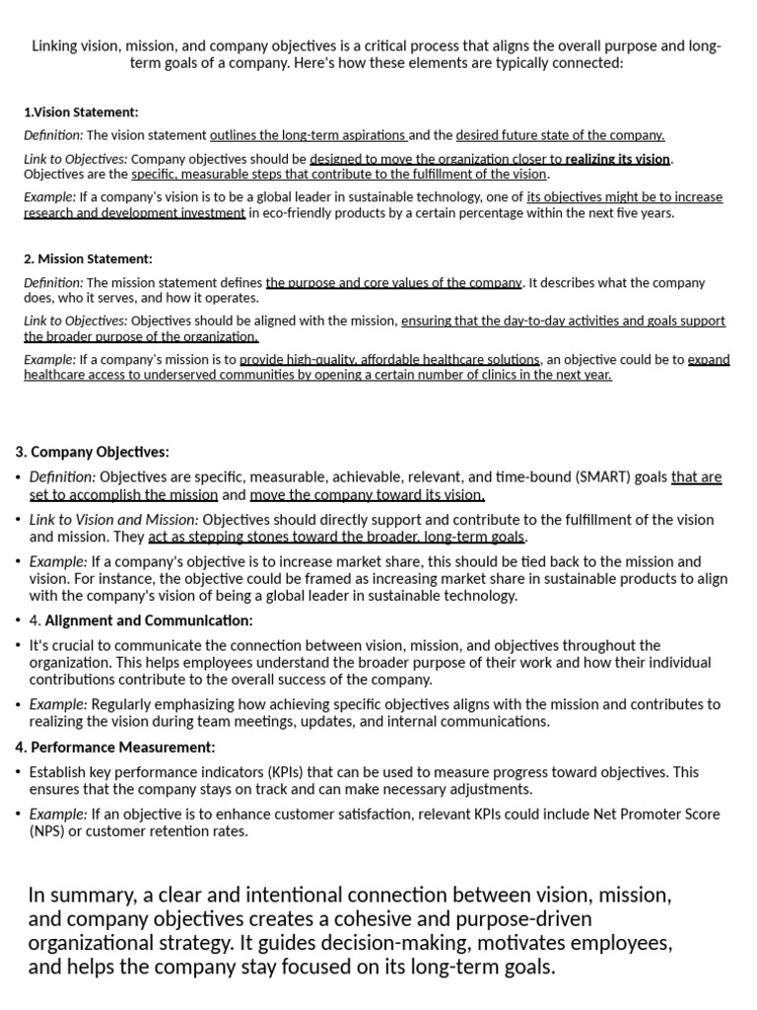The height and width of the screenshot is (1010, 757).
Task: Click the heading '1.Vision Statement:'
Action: [81, 112]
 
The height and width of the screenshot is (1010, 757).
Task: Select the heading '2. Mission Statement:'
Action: [88, 259]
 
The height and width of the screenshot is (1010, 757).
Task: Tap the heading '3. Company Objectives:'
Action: [92, 452]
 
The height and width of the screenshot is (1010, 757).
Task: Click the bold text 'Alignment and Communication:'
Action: [149, 620]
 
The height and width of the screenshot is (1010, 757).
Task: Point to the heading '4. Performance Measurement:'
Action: [114, 748]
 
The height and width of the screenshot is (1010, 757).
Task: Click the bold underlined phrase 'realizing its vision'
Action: [617, 159]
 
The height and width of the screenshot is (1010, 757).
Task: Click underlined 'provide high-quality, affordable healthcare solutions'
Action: [389, 360]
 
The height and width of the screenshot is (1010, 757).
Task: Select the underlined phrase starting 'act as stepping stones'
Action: [337, 538]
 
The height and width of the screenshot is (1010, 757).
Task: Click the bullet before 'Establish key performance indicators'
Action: [19, 772]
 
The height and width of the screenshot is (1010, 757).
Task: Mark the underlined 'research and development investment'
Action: [134, 213]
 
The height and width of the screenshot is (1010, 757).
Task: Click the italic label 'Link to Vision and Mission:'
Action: [113, 520]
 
